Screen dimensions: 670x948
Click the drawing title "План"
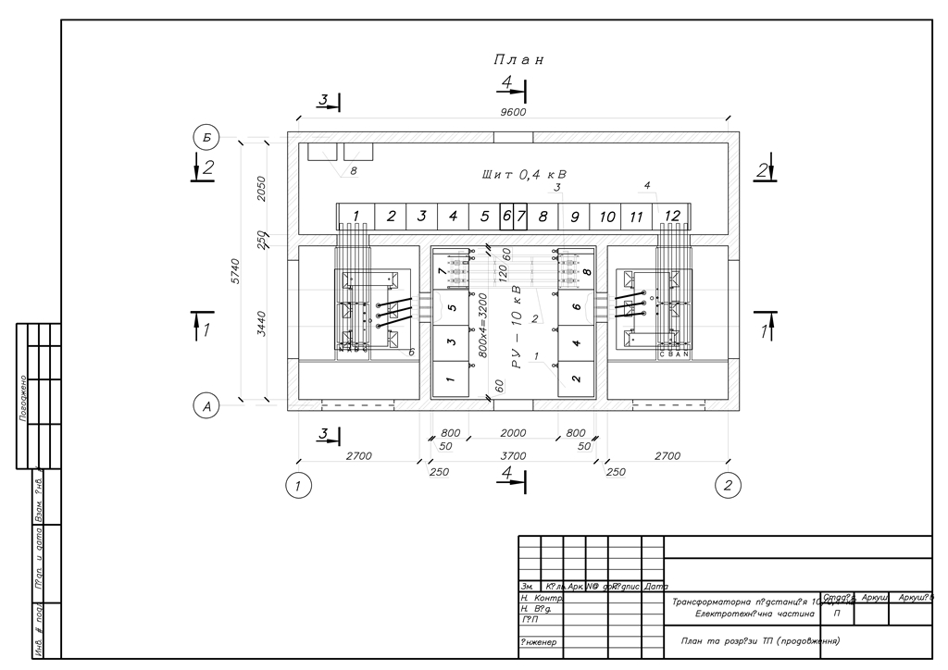click(518, 59)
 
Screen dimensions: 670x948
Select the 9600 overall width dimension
click(513, 112)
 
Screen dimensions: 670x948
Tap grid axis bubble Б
click(206, 138)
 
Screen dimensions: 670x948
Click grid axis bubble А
click(206, 404)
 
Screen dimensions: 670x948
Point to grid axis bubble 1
click(297, 485)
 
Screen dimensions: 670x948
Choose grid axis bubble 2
click(729, 485)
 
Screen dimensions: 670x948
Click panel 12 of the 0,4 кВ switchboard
click(673, 216)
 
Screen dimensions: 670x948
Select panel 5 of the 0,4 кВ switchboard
click(484, 217)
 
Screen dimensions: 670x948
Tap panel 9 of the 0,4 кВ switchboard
click(575, 217)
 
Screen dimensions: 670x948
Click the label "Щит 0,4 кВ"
click(523, 174)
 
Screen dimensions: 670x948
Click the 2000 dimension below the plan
click(513, 433)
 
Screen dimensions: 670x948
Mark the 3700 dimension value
click(513, 455)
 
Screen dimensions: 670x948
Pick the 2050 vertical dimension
click(262, 188)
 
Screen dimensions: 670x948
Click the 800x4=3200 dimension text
click(482, 324)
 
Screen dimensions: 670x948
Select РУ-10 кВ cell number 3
click(450, 342)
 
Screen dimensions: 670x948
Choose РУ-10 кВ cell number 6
click(576, 307)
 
